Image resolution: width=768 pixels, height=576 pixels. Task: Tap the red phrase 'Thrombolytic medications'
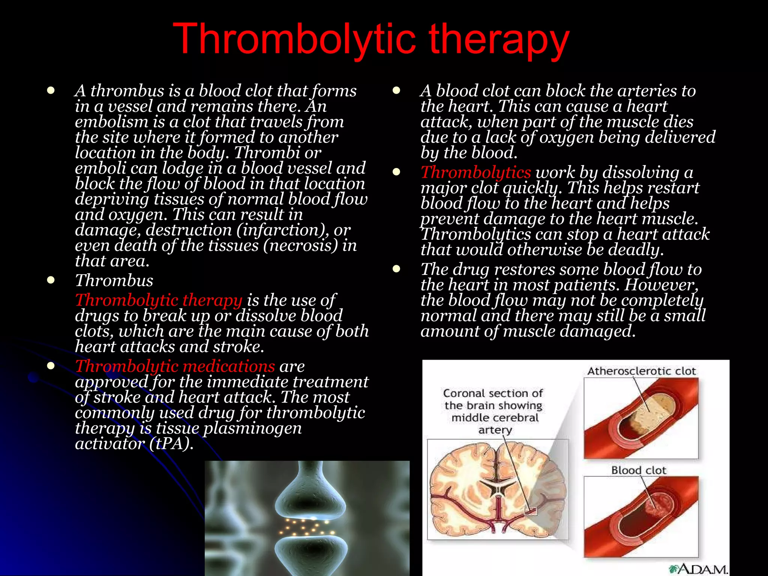click(x=175, y=366)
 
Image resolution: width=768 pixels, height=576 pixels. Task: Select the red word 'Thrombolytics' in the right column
click(x=475, y=172)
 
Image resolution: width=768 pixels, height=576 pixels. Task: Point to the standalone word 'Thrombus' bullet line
click(x=114, y=280)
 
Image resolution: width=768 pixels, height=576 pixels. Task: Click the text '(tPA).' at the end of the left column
click(x=172, y=444)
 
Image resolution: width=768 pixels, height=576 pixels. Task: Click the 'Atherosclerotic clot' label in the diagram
click(x=641, y=371)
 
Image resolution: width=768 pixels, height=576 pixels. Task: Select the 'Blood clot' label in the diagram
click(x=639, y=470)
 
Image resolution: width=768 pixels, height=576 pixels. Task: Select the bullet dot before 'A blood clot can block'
click(x=396, y=90)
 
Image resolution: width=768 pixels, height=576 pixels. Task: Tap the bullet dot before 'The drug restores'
click(x=396, y=269)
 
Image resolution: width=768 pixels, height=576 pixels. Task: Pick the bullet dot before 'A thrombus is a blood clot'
click(x=51, y=90)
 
